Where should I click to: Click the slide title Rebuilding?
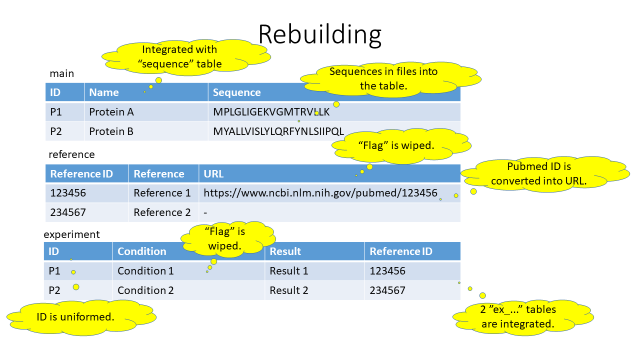pos(319,34)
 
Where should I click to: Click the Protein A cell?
pos(111,112)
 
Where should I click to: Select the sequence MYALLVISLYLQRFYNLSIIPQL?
pos(278,131)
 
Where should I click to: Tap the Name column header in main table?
pos(104,92)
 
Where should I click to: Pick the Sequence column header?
pos(237,92)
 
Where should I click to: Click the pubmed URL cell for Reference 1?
pos(320,193)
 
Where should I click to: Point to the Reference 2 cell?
pos(162,212)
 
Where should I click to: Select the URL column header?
pos(213,174)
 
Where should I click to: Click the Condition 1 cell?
pos(145,271)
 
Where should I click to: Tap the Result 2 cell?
pos(289,290)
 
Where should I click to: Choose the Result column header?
pos(285,251)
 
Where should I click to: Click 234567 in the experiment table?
pos(387,290)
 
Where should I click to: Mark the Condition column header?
pos(142,251)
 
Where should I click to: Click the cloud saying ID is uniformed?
pos(75,316)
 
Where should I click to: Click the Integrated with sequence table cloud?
pos(179,56)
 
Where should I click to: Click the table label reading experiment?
pos(71,234)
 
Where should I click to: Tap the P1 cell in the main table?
pos(56,112)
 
